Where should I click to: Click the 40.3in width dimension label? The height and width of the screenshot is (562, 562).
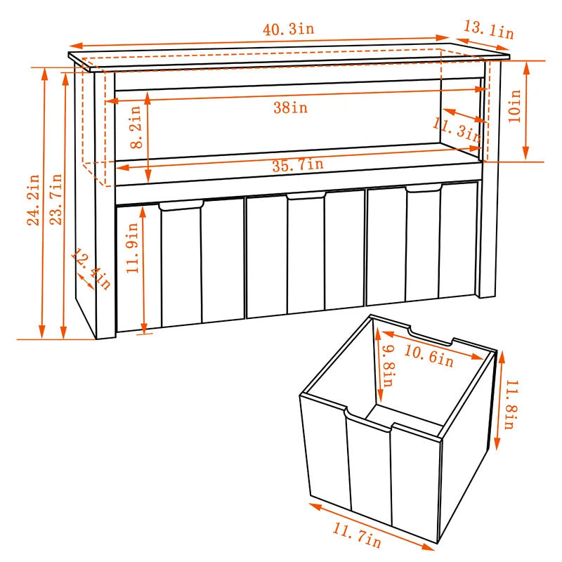(289, 29)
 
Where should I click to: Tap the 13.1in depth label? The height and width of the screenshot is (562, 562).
(489, 30)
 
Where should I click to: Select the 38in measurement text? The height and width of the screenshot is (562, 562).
(291, 107)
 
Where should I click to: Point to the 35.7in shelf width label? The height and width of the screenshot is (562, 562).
(298, 165)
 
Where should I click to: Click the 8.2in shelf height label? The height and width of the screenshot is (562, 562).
(136, 127)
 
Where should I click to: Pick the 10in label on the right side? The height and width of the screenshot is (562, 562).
(514, 106)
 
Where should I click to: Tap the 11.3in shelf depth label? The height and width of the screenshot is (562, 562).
(456, 130)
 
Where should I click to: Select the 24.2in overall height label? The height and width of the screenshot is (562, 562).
(33, 200)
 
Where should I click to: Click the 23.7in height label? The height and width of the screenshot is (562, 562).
(55, 200)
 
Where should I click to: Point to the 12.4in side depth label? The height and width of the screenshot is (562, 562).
(91, 269)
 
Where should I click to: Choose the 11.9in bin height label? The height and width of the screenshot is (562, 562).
(132, 248)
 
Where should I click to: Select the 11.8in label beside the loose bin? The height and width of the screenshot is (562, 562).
(511, 405)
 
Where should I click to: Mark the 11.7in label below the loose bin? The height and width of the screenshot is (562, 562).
(357, 535)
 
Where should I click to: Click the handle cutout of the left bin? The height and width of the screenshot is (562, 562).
(181, 205)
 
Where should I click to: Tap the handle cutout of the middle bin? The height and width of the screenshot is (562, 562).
(306, 195)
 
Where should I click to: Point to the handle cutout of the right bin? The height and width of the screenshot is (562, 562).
(424, 188)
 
